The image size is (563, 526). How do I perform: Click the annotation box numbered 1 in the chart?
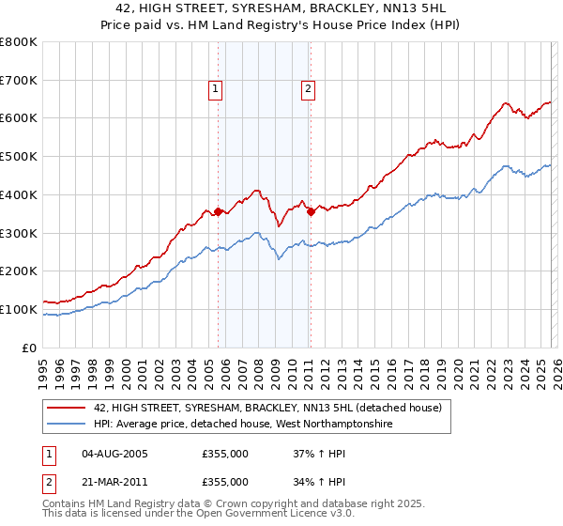coord(216,89)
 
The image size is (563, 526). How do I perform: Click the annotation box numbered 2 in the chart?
coord(308,89)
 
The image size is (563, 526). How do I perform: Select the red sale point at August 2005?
coord(218,212)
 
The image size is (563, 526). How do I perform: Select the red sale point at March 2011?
coord(311,212)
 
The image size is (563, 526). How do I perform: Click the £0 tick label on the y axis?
coord(30,348)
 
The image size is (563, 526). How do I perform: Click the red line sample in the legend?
coord(67,408)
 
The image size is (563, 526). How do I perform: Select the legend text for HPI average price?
coord(242,425)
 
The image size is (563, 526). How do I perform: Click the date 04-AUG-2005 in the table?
coord(114,454)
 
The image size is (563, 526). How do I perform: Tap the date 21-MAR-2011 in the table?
coord(114,482)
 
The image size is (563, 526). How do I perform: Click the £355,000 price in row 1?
coord(225,454)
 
